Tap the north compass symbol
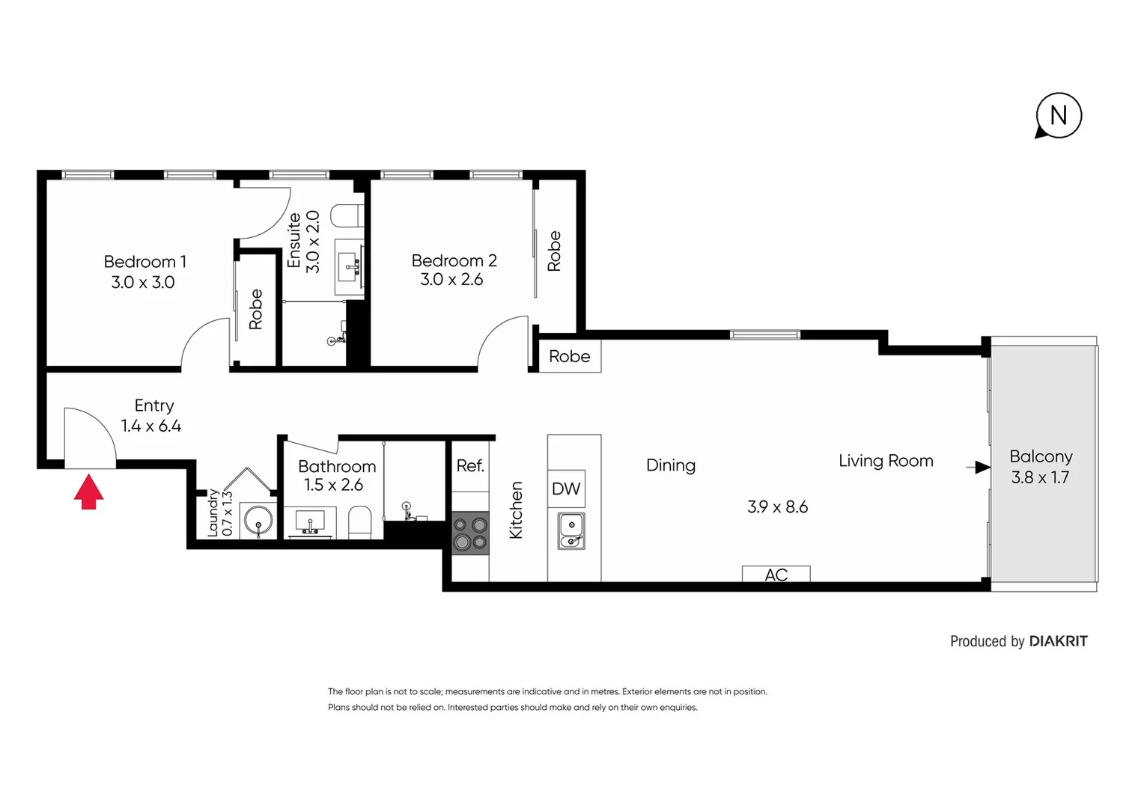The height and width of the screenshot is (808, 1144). [1059, 116]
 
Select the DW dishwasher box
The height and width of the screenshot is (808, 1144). [566, 489]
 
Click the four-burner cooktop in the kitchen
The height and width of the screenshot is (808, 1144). [470, 533]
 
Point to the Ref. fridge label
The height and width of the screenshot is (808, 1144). [470, 466]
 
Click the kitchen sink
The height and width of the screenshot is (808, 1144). [571, 531]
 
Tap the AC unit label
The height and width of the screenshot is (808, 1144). [776, 575]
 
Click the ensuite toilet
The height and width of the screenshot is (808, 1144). [348, 216]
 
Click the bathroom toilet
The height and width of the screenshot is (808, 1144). [360, 521]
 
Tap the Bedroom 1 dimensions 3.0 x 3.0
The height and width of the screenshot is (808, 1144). [142, 283]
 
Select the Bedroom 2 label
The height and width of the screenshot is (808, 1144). [454, 260]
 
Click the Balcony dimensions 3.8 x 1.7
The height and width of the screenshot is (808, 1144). [1040, 477]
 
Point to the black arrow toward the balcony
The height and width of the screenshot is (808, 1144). [979, 468]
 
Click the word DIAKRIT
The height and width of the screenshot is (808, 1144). [1058, 641]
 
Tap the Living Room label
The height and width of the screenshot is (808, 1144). [886, 461]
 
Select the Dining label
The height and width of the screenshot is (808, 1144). [670, 465]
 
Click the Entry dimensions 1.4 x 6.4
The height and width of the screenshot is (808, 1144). [151, 426]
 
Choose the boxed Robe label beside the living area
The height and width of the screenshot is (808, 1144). [569, 357]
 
